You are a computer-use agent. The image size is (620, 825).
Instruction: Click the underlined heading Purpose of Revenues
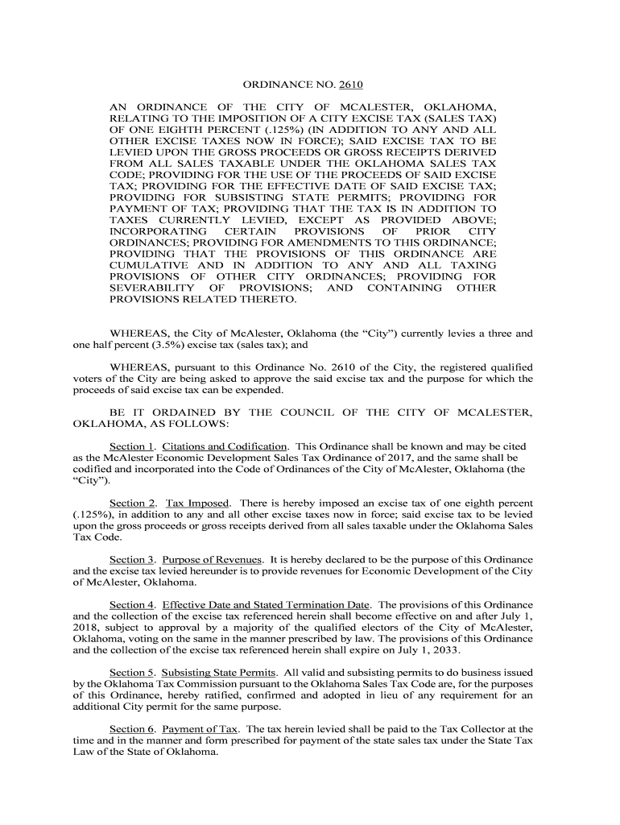pos(213,559)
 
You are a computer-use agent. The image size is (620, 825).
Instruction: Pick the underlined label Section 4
pos(131,604)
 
